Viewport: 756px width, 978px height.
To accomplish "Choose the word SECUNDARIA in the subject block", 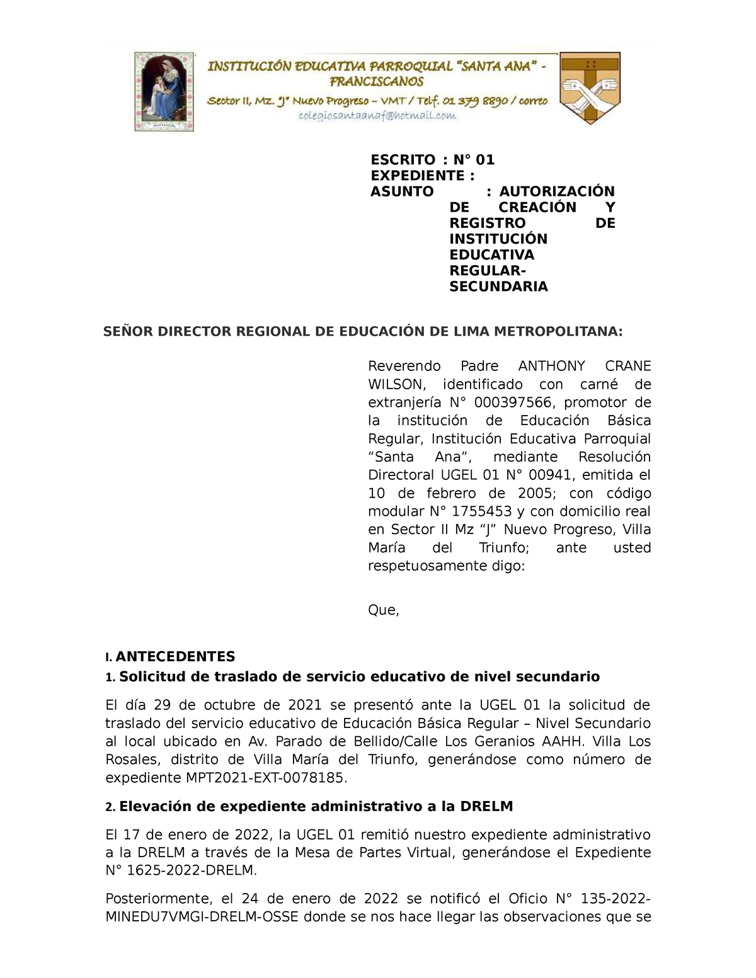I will point(498,287).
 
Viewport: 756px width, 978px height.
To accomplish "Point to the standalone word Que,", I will point(383,610).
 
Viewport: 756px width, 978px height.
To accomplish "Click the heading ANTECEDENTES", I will point(175,657).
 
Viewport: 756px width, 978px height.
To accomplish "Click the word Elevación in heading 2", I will point(154,807).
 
